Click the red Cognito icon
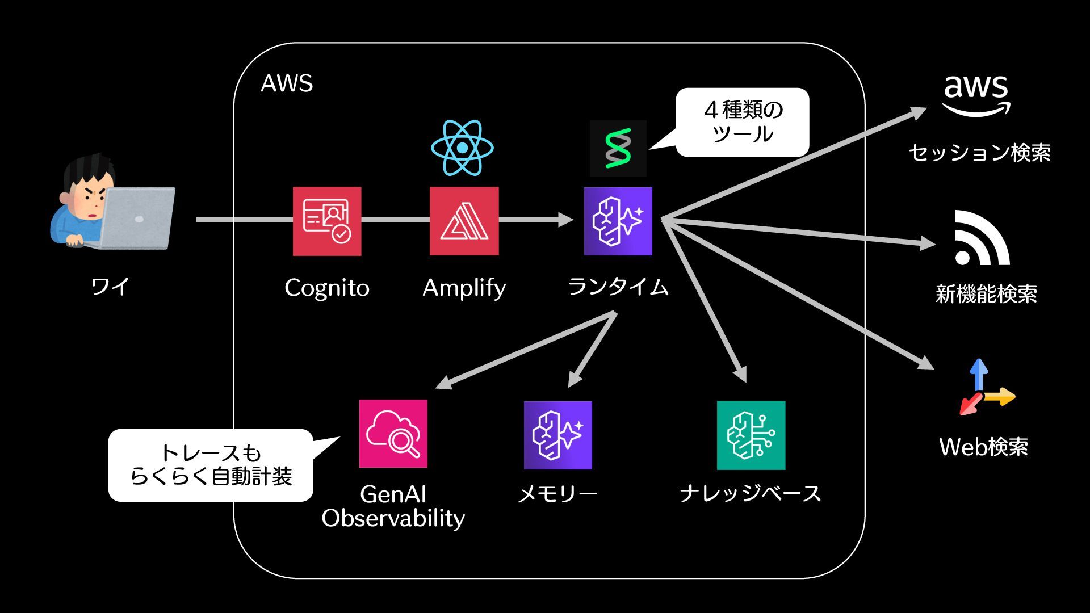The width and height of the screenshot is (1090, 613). [327, 221]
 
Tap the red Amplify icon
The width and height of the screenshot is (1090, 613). [464, 221]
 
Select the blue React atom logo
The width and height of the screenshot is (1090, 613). [462, 148]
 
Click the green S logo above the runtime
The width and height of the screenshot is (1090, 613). [618, 149]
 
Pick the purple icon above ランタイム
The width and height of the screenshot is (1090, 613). [618, 221]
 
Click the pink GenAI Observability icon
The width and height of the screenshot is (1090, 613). [393, 434]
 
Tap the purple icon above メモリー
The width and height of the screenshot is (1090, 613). [558, 435]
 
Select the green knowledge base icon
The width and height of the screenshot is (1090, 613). [751, 435]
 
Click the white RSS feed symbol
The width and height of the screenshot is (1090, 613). [982, 238]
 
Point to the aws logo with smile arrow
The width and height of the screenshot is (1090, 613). [976, 95]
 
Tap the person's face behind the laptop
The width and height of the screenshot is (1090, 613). [89, 199]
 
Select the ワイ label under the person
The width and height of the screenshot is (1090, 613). [110, 286]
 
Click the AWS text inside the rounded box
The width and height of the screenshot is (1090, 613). [287, 83]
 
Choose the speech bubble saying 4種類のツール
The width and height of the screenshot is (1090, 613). [743, 122]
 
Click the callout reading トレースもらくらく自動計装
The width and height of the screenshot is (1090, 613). [211, 465]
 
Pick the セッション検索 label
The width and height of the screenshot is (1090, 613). [980, 153]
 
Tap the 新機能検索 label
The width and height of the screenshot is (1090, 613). [986, 294]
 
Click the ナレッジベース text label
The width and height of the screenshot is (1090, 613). [751, 493]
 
